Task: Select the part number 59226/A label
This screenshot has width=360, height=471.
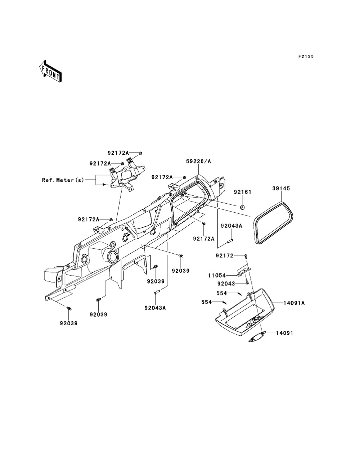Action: [x=199, y=162]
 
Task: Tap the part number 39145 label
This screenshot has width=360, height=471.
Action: [x=281, y=188]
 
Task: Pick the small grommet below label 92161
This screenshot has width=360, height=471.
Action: [x=242, y=207]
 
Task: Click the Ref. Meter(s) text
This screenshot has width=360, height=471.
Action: [x=63, y=180]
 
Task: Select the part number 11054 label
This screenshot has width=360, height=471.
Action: [x=227, y=275]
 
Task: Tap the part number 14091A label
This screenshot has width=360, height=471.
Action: [x=293, y=303]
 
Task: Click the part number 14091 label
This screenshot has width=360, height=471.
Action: [x=285, y=333]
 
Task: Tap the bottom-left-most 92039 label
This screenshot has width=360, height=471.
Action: [x=68, y=323]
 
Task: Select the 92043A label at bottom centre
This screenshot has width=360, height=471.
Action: [x=155, y=308]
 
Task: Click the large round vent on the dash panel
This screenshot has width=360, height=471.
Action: [x=112, y=258]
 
